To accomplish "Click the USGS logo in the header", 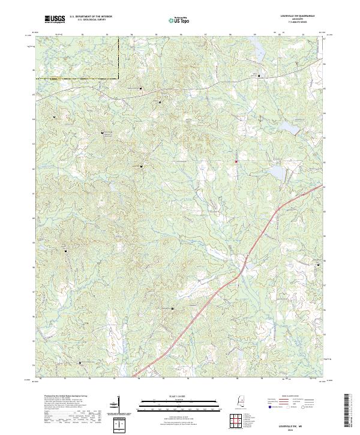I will (x=55, y=19).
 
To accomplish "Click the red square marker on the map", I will (x=236, y=161).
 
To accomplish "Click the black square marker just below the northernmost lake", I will (x=259, y=76).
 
